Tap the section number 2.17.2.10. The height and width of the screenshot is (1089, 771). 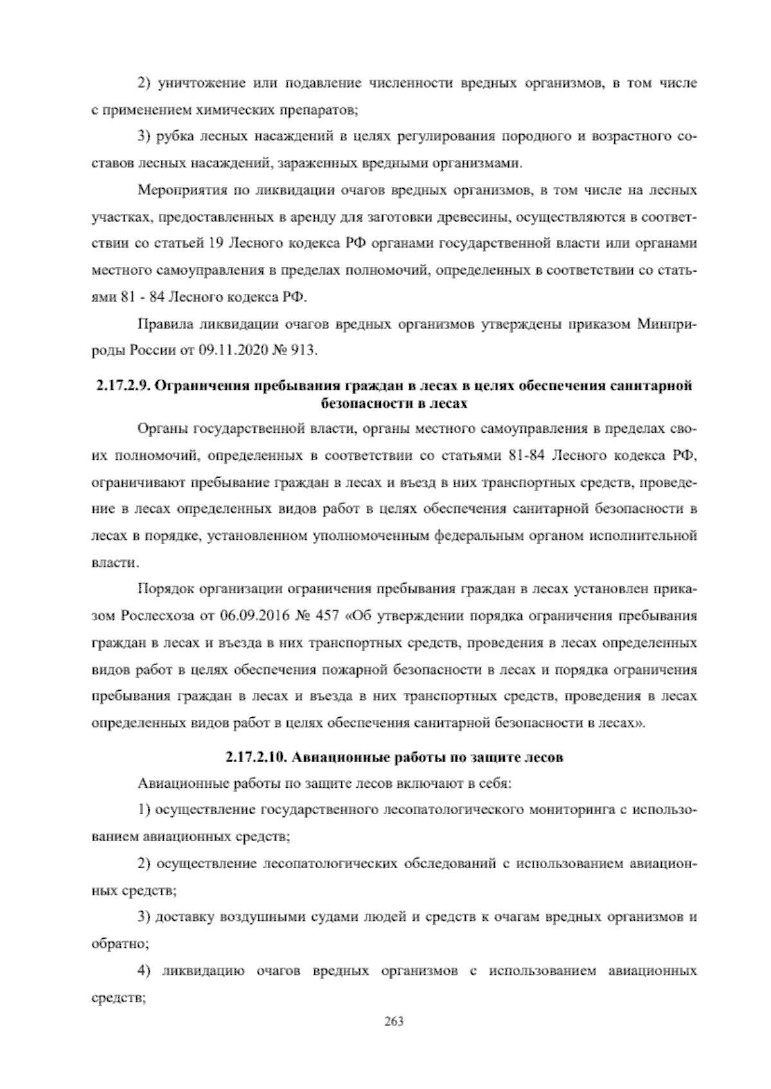pos(256,757)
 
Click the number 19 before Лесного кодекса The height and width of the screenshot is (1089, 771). pos(216,244)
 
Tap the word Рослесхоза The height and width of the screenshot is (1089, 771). pos(152,617)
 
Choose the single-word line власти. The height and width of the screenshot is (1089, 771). pos(114,563)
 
